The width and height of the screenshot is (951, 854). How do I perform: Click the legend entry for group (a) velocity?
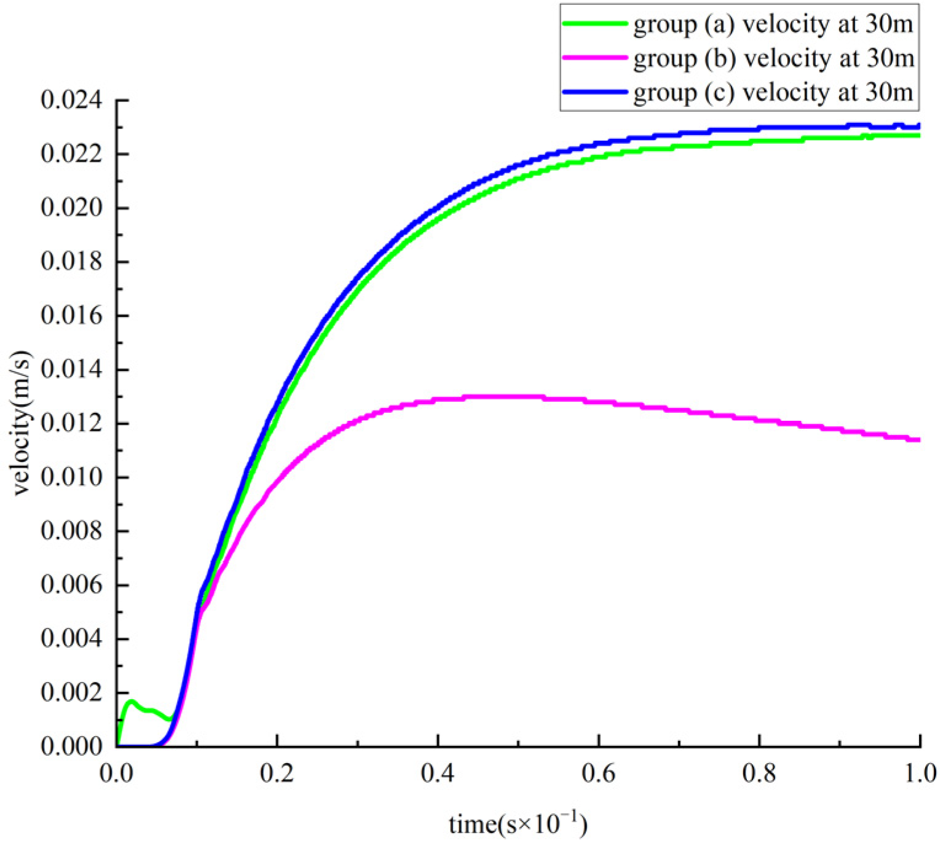click(x=773, y=25)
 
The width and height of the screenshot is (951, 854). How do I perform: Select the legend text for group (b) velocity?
click(x=773, y=58)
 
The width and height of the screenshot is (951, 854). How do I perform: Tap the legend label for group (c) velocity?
click(x=773, y=92)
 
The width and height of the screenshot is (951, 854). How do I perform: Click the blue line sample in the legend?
click(x=595, y=92)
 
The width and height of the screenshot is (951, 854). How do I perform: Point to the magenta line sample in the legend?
click(x=595, y=58)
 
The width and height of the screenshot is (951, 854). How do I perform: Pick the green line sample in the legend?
click(x=595, y=23)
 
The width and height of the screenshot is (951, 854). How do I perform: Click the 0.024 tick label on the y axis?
click(x=71, y=100)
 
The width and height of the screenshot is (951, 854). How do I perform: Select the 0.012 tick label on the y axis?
click(x=71, y=424)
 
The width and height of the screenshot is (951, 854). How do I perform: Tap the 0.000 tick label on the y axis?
click(x=71, y=746)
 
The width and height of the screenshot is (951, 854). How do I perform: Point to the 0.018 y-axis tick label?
click(x=71, y=262)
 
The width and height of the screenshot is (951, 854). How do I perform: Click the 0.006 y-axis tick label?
click(x=71, y=585)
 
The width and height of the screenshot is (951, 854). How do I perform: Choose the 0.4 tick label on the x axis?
click(x=438, y=774)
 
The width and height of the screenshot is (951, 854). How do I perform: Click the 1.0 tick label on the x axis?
click(x=920, y=774)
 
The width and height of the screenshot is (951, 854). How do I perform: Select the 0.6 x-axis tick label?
click(x=599, y=774)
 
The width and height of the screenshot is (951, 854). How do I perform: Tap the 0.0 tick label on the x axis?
click(x=117, y=774)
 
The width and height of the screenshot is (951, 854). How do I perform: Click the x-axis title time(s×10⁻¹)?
click(x=518, y=823)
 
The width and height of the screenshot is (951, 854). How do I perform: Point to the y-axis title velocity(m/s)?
click(x=21, y=423)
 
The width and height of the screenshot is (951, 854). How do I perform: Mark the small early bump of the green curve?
click(x=131, y=701)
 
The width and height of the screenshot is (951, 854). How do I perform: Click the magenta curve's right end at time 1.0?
click(x=918, y=439)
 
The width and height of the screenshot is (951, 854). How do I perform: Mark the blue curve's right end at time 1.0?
click(x=918, y=126)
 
